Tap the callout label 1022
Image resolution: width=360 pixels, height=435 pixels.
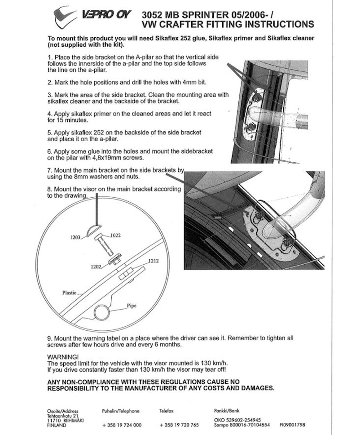115,235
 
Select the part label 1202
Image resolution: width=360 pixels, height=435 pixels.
96,266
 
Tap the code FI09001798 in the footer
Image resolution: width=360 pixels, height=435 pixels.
292,425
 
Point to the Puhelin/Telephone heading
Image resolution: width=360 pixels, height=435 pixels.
121,411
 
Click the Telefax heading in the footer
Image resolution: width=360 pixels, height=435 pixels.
166,411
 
